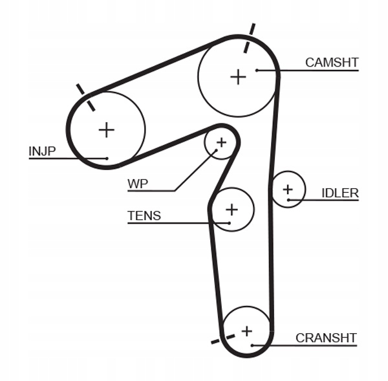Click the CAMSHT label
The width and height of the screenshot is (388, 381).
coord(332,62)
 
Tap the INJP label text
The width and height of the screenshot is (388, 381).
coord(42,151)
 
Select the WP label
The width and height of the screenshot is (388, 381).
coord(138,184)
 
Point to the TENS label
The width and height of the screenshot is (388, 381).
coord(144,215)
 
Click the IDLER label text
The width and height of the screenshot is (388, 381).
coord(340,193)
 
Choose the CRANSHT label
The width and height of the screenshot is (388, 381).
coord(326,338)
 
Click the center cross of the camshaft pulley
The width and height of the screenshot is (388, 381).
coord(238,77)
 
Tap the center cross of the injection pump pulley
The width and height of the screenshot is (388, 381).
coord(107,130)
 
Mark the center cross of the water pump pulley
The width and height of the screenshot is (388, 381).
coord(221,142)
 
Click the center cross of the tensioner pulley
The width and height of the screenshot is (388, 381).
coord(232,210)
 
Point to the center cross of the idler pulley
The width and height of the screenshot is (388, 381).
coord(288,190)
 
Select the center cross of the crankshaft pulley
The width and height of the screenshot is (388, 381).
coord(247,331)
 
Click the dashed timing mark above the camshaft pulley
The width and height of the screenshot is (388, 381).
coord(249,38)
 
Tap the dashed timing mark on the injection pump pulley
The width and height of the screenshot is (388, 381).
coord(85,97)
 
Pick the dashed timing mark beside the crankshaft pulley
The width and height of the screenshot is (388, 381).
coord(223,339)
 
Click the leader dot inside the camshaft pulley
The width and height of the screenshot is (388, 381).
coord(257,71)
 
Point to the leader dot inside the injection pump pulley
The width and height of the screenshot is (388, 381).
coord(107,158)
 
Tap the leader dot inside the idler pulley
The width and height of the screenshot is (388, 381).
coord(288,200)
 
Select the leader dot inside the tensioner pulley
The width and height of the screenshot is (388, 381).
coord(230,223)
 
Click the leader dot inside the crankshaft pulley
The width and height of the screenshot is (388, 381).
coord(252,345)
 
